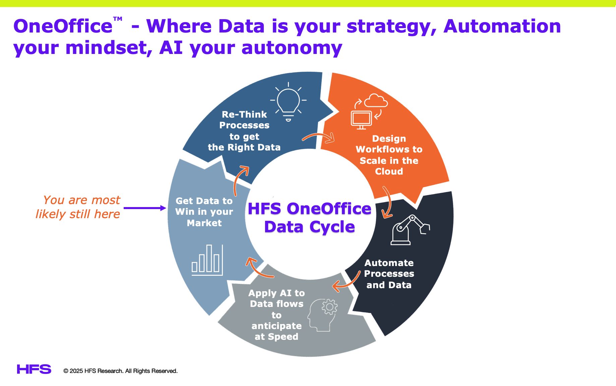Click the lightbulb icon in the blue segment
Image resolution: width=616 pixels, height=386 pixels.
pos(288,102)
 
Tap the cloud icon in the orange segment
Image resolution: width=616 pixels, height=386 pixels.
pos(376,101)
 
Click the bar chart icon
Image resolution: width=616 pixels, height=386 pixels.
pos(207,260)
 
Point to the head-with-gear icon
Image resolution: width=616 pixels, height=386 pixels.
pos(323,315)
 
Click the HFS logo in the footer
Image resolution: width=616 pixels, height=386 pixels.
pos(34,369)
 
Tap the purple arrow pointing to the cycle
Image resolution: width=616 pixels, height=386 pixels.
pos(145,208)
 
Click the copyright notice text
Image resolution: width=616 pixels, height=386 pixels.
pos(120,371)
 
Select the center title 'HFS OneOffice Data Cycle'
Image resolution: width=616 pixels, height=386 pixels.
pos(309,217)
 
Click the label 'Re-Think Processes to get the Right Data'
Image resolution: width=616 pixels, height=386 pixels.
pos(244,131)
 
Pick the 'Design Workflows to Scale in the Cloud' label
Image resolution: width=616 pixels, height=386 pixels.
pos(389,155)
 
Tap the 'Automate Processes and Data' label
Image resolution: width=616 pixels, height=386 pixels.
pos(389,274)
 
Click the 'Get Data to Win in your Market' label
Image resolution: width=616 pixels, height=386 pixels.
pos(204,212)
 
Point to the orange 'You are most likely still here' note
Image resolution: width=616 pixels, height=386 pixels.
pos(78,207)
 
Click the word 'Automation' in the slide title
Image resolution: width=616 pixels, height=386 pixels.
pos(502,26)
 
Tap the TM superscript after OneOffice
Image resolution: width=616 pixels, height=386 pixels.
pos(118,19)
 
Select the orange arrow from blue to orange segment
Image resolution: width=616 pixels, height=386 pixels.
pos(318,137)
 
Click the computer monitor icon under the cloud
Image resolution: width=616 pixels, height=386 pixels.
pos(361,120)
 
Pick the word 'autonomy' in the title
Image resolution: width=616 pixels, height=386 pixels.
pos(292,48)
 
